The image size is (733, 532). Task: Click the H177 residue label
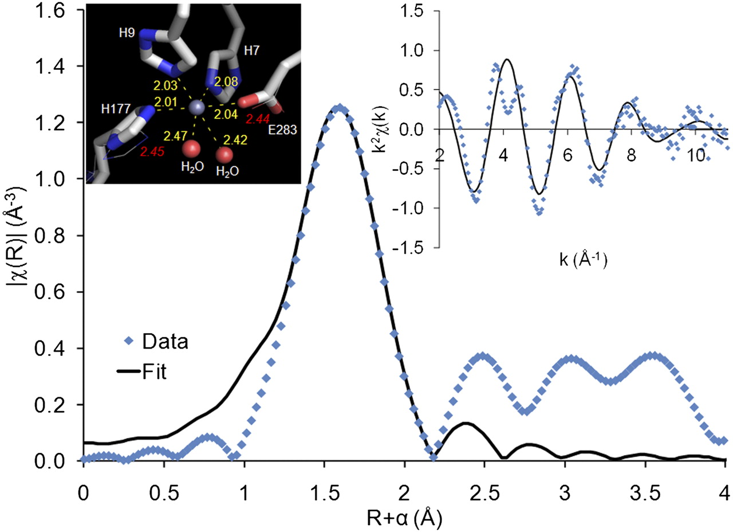click(x=116, y=108)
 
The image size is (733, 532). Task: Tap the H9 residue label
click(x=127, y=33)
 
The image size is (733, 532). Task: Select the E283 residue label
click(x=282, y=130)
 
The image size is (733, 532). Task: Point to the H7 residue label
click(x=251, y=50)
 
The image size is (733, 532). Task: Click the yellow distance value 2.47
click(x=175, y=136)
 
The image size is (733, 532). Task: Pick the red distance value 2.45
click(x=152, y=152)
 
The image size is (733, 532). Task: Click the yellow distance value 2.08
click(x=226, y=81)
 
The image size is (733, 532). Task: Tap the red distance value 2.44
click(x=258, y=119)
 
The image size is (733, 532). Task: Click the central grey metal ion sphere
click(x=197, y=107)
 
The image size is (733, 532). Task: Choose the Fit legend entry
click(x=141, y=371)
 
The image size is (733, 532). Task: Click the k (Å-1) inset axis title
click(x=583, y=260)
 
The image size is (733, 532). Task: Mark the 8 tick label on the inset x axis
click(x=631, y=155)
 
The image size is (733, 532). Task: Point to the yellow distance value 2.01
click(x=166, y=102)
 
